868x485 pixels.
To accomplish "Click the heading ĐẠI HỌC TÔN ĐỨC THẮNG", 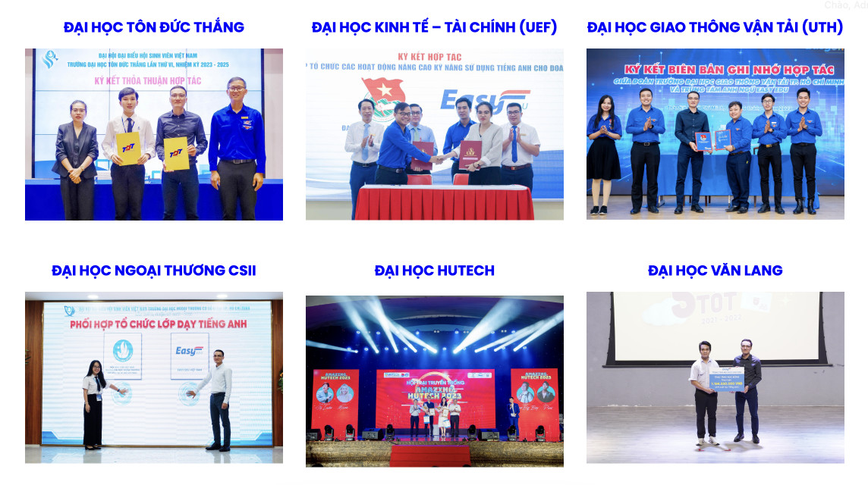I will pos(154,28).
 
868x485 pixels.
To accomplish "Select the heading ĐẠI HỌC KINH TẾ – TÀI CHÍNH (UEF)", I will pos(434,28).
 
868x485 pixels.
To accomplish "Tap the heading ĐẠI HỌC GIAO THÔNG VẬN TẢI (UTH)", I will pos(715,28).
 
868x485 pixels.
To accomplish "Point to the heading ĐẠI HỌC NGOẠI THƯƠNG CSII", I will pos(154,271).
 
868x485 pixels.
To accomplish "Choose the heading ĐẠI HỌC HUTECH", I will pos(434,271).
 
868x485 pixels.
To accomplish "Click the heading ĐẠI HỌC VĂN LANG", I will pos(715,271).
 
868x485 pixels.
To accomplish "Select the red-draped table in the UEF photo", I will pos(445,202).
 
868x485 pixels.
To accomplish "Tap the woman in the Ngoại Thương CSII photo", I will pos(94,402).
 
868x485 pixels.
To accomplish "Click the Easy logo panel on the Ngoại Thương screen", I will pos(188,355).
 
